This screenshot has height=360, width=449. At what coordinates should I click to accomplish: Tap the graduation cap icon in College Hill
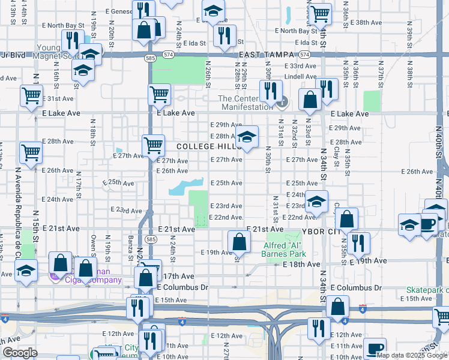(247, 137)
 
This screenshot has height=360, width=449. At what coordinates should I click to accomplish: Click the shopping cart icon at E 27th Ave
(153, 145)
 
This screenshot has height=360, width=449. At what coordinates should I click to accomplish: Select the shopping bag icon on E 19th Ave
(239, 242)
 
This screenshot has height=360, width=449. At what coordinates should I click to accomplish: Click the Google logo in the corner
(20, 353)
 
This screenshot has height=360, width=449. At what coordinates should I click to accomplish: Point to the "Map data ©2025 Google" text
(412, 355)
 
